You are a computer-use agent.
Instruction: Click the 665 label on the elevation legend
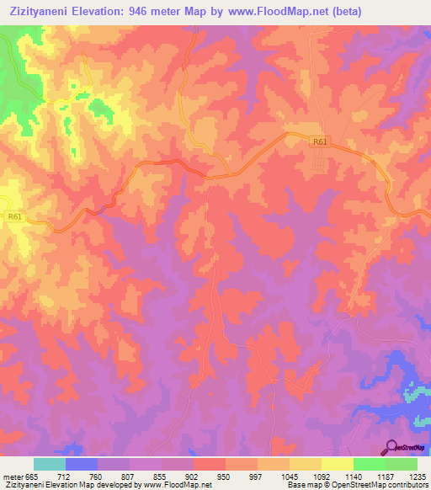32,476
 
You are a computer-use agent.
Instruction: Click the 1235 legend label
418,476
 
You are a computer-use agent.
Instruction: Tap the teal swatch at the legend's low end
50,464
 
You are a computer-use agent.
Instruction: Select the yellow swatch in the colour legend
337,464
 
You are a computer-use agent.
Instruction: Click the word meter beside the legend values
13,476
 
